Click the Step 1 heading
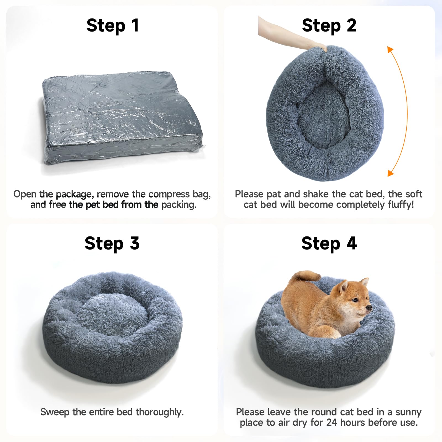[x=112, y=26]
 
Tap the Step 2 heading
[x=329, y=26]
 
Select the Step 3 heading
[x=112, y=244]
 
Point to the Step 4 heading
[x=329, y=244]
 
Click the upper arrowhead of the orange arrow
[x=390, y=50]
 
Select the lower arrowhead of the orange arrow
[x=390, y=173]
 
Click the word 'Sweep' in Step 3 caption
[x=55, y=412]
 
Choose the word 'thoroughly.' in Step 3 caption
[x=160, y=412]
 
